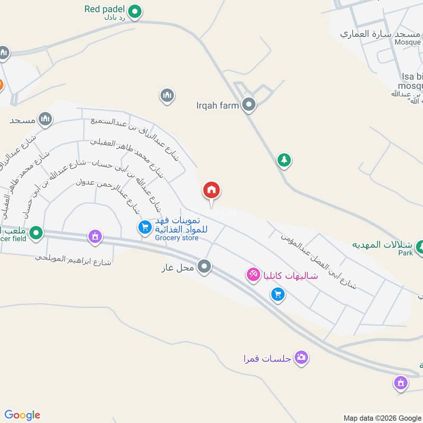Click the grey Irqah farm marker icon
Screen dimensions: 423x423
coord(249,105)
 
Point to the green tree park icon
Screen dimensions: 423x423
coord(284,160)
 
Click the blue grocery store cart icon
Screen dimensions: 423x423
coord(144,228)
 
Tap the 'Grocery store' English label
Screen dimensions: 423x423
coord(177,238)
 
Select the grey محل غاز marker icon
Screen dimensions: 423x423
coord(205,267)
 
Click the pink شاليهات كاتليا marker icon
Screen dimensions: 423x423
coord(253,274)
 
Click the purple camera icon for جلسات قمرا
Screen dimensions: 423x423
coord(301,358)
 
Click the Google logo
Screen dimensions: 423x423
coord(22,415)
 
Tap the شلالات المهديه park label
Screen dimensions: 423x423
coord(383,245)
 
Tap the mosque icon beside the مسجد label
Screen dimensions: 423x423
coord(46,120)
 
